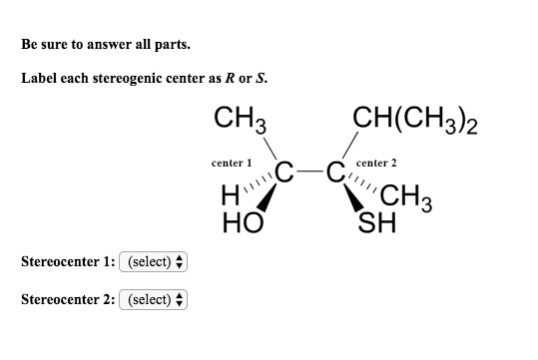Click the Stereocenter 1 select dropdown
(x=153, y=262)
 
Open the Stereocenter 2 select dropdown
(x=153, y=299)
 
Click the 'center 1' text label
(x=233, y=162)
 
